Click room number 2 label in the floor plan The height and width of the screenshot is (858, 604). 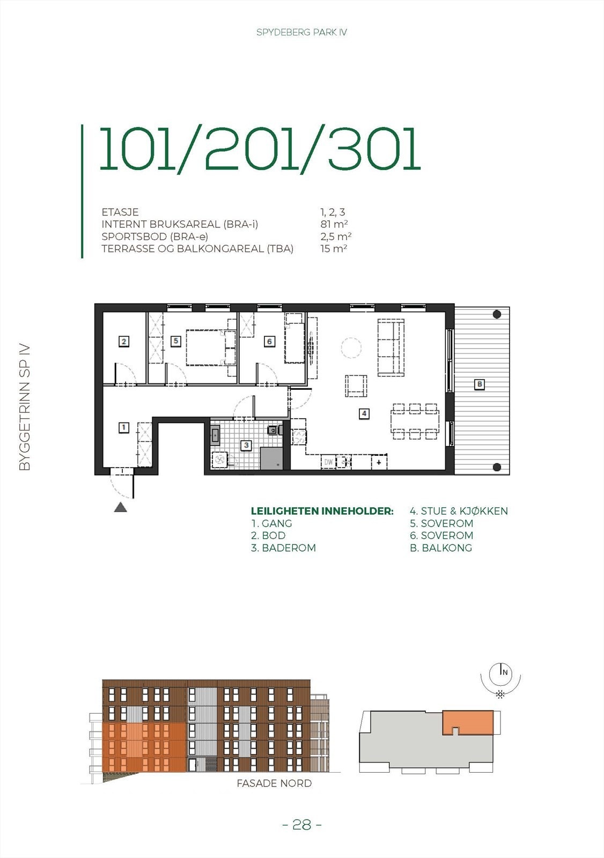pos(124,342)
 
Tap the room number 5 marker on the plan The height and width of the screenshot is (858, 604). pos(175,341)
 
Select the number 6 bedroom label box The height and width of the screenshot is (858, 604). pos(269,342)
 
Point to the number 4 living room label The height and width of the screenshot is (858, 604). pos(364,413)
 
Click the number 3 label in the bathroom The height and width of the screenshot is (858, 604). pos(246,445)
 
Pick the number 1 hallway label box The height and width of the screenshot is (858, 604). pos(124,427)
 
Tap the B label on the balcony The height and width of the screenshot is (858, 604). pos(480,384)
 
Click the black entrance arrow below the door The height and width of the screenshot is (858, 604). pos(121,507)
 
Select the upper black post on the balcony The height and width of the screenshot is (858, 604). pos(497,314)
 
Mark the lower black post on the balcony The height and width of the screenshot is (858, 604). pos(497,467)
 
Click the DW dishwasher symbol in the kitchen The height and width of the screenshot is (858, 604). pos(328,462)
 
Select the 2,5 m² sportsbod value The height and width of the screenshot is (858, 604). pos(336,236)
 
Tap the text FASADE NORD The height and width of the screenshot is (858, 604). pos(274,783)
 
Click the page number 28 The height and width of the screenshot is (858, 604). pos(302,825)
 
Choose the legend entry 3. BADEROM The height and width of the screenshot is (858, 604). pos(283,548)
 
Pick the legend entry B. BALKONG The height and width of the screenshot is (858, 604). pos(441,548)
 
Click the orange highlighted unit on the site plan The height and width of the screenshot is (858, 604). pos(468,722)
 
